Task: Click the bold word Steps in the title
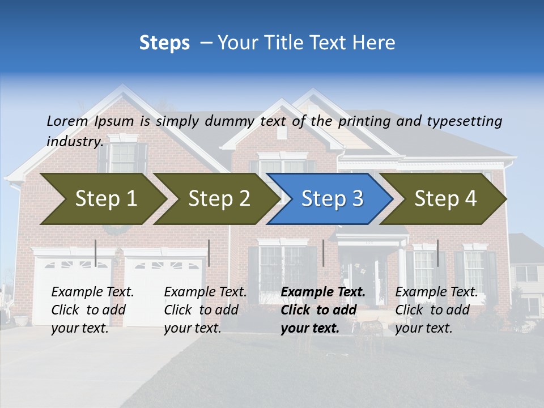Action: [x=164, y=43]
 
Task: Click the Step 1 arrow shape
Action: [x=102, y=199]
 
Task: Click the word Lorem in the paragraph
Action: [x=67, y=121]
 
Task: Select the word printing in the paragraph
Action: [x=364, y=121]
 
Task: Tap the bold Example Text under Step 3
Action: [x=323, y=292]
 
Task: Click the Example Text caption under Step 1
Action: [x=92, y=292]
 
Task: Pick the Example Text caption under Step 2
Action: [x=205, y=292]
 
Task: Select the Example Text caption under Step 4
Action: [x=436, y=292]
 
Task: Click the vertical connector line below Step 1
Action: [x=96, y=253]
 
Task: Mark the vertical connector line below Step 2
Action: [x=209, y=253]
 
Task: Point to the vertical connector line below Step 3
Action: [x=323, y=253]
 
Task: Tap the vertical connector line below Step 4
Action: [x=437, y=253]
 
